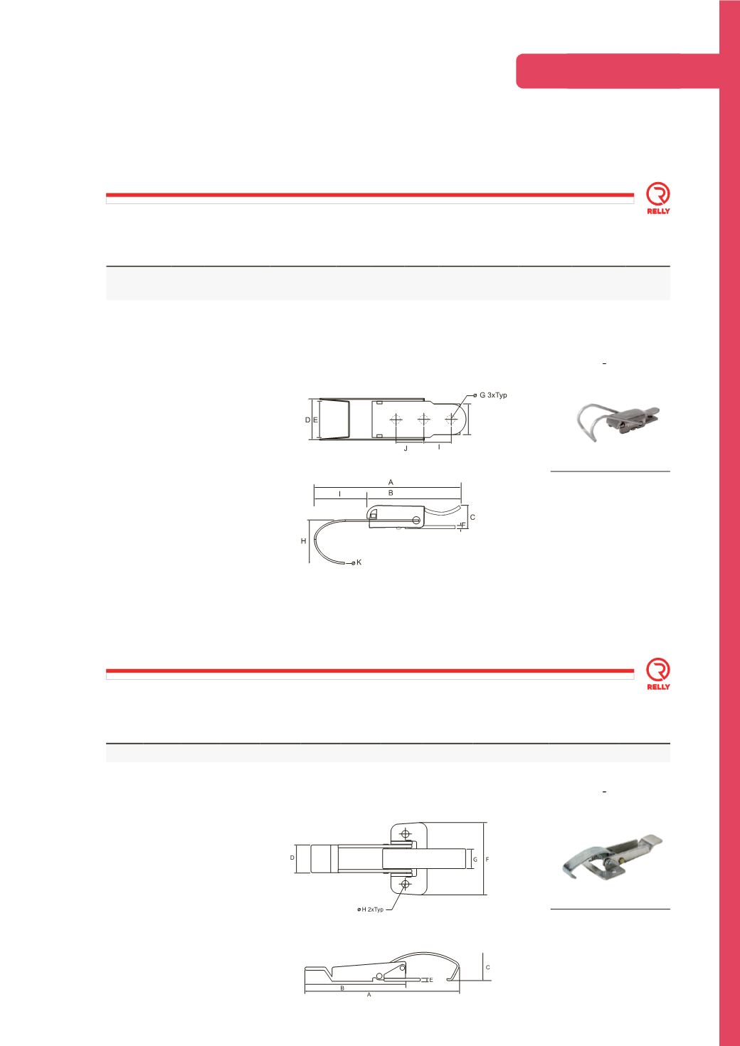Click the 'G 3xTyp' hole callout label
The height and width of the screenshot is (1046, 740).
click(493, 395)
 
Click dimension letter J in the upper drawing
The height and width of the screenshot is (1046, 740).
click(406, 448)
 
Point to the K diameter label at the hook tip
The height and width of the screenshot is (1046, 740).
click(359, 562)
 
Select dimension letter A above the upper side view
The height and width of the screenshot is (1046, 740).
click(391, 482)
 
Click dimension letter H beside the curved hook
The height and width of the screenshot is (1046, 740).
click(304, 541)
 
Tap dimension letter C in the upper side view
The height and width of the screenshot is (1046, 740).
click(472, 518)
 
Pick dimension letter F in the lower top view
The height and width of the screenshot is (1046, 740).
click(487, 859)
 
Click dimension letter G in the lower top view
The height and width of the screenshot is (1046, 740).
click(475, 859)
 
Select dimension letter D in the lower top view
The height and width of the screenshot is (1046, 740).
click(292, 858)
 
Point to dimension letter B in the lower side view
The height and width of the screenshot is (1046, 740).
click(342, 988)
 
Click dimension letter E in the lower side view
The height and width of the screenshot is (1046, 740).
click(430, 980)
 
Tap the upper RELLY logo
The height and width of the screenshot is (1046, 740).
click(658, 198)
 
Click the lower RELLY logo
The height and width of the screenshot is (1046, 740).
click(658, 674)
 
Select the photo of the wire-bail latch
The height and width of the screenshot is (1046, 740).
click(618, 422)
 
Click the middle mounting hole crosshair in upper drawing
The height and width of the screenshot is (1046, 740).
click(423, 420)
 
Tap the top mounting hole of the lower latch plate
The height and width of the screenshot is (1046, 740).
click(406, 833)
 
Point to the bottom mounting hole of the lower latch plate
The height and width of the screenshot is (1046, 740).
click(406, 884)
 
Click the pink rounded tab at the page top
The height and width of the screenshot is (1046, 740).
click(618, 71)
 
